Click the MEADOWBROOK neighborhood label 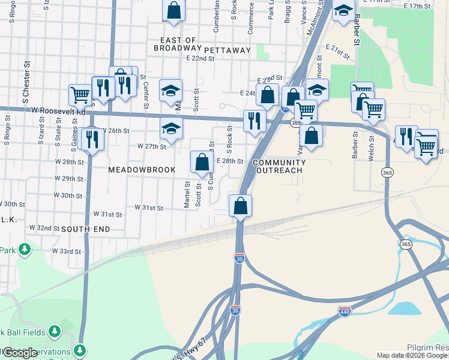pyautogui.click(x=142, y=170)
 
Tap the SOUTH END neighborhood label pyautogui.click(x=85, y=229)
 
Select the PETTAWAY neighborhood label pyautogui.click(x=227, y=50)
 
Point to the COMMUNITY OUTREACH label pyautogui.click(x=279, y=167)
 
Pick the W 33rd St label pyautogui.click(x=66, y=251)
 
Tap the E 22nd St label pyautogui.click(x=200, y=58)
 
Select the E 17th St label pyautogui.click(x=418, y=6)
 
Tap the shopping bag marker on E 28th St pyautogui.click(x=202, y=161)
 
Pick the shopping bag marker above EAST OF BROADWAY pyautogui.click(x=173, y=10)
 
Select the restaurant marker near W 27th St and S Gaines pyautogui.click(x=92, y=139)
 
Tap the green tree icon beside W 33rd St pyautogui.click(x=24, y=248)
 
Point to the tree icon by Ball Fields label pyautogui.click(x=54, y=331)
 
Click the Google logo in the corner pyautogui.click(x=20, y=353)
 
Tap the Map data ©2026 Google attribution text pyautogui.click(x=412, y=355)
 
